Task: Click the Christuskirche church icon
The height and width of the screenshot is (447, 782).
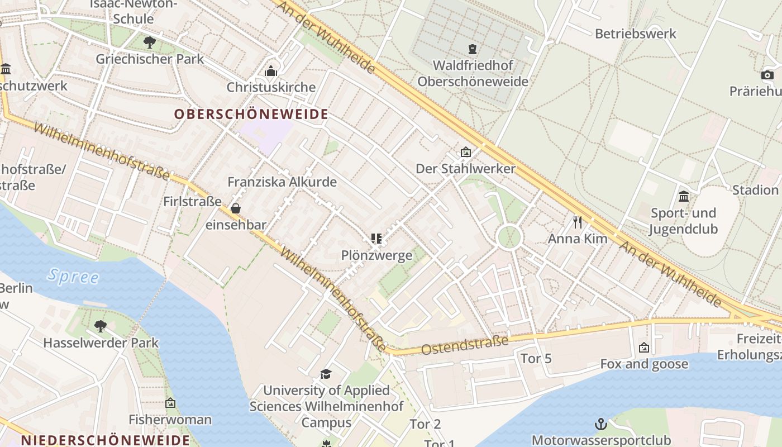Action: [x=271, y=71]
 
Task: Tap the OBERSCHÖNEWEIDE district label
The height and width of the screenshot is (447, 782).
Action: [x=251, y=115]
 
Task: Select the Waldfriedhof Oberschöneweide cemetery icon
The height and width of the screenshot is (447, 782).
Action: [x=473, y=49]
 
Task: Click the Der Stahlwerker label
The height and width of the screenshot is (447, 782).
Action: [x=465, y=168]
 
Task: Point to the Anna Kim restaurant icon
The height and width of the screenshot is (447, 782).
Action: [x=578, y=222]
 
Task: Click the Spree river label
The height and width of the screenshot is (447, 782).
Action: [x=73, y=276]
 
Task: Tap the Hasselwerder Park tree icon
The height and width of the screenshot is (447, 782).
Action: [x=101, y=326]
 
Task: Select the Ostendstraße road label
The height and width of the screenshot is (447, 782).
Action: [x=465, y=345]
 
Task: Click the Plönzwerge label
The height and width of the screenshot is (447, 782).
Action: [x=376, y=255]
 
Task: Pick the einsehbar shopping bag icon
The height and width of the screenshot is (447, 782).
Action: [x=236, y=209]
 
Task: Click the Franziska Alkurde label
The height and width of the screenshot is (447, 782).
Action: [x=282, y=182]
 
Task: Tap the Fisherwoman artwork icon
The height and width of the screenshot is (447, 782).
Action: [x=170, y=403]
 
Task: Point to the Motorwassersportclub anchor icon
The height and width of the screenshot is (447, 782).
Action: [x=601, y=424]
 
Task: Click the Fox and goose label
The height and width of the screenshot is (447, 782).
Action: [x=644, y=364]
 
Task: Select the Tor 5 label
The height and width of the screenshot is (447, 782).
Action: [x=536, y=358]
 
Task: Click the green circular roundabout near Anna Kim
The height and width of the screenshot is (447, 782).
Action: [x=509, y=237]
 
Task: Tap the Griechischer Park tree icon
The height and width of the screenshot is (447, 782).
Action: [x=149, y=42]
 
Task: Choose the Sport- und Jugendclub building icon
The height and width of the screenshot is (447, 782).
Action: [x=684, y=196]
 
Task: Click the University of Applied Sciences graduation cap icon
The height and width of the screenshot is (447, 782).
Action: [x=326, y=374]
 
